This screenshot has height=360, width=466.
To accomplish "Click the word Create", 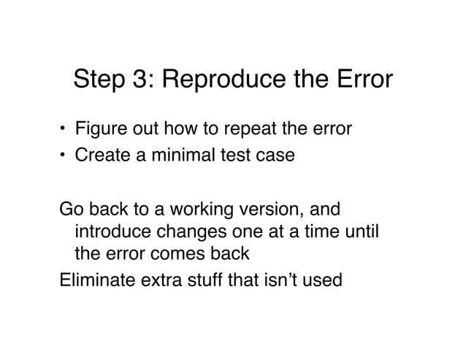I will [x=99, y=155].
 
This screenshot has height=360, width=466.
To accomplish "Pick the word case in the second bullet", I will [x=279, y=155].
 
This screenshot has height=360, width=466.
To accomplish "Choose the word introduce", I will [x=109, y=232].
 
